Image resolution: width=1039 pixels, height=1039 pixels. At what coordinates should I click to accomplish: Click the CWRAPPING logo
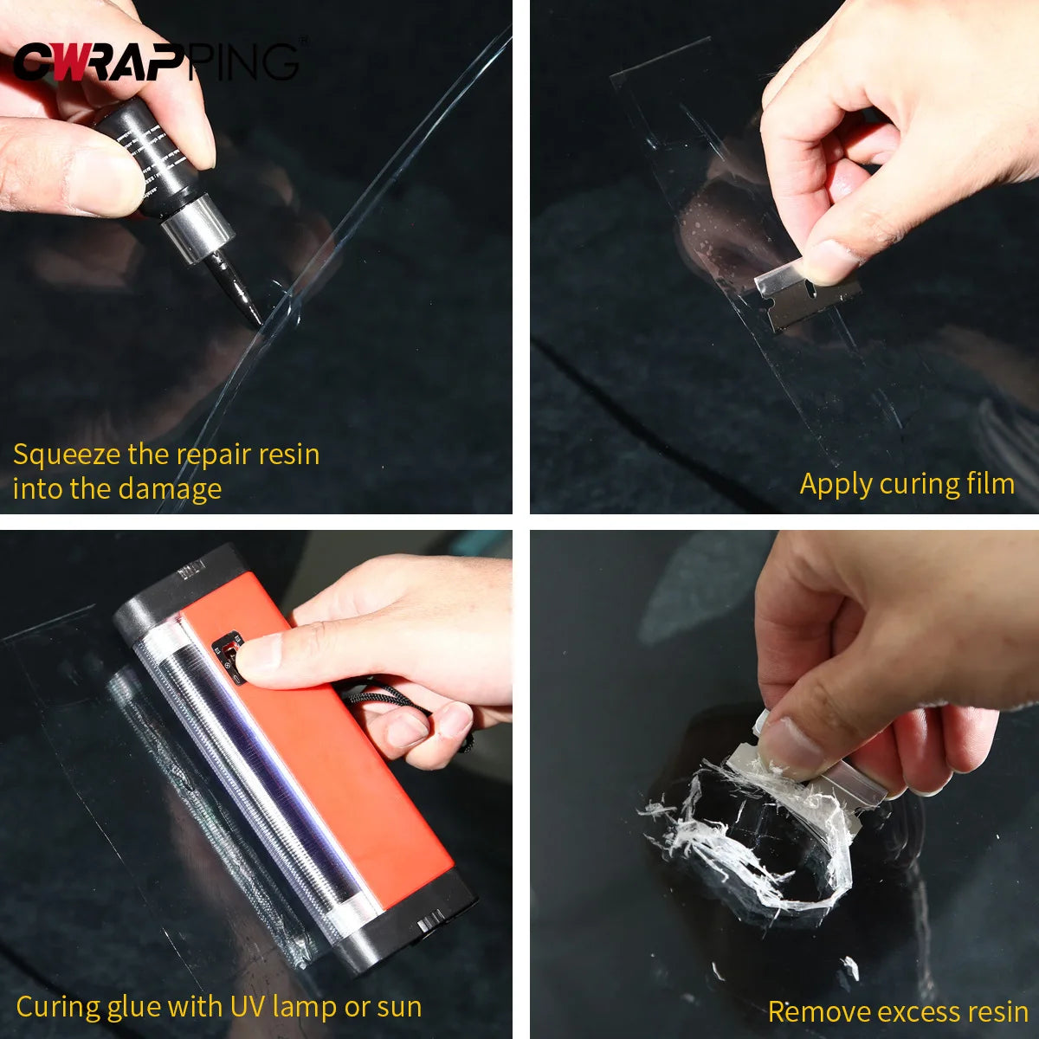(156, 61)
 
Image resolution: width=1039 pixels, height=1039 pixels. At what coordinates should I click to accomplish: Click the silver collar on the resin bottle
(197, 228)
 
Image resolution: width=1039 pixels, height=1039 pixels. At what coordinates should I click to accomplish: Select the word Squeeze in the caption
(67, 455)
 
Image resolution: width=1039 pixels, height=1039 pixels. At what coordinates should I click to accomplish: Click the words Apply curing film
(907, 484)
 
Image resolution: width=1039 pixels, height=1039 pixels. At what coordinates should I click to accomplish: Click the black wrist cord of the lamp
(381, 697)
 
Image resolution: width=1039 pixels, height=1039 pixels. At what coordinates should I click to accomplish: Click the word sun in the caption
(398, 1007)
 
